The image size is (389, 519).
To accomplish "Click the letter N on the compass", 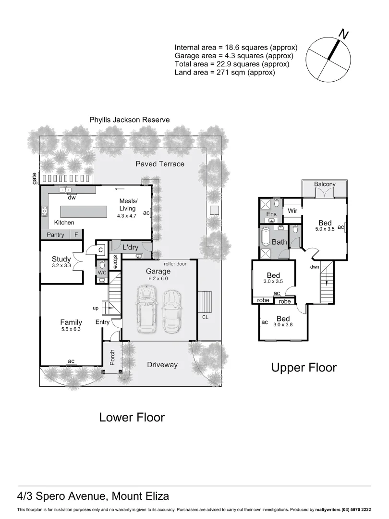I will click(x=343, y=34).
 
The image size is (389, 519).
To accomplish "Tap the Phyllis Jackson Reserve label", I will click(x=129, y=120).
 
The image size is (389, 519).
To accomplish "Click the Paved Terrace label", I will click(x=159, y=164).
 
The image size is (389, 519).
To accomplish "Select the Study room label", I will click(x=61, y=259).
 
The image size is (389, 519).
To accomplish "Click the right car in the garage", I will click(x=172, y=312).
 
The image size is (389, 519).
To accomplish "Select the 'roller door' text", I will click(x=174, y=263).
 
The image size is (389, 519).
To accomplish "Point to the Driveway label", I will click(x=162, y=365).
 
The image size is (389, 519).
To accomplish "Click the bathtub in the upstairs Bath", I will click(x=266, y=236).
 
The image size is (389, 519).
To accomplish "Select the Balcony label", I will click(x=325, y=184).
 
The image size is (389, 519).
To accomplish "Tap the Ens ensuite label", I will click(x=271, y=214).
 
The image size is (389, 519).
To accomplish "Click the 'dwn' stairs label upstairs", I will click(x=315, y=267).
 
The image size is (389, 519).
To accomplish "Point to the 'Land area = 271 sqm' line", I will click(x=225, y=73).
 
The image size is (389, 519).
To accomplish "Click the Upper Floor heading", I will click(x=304, y=368).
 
